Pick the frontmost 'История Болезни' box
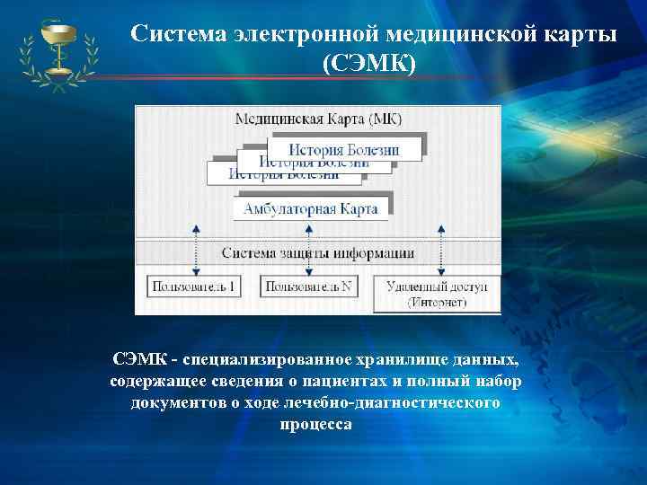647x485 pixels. (345, 148)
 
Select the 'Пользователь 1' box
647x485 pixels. (195, 287)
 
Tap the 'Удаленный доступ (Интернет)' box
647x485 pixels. (436, 294)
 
